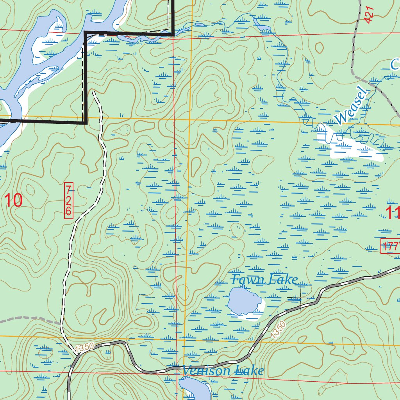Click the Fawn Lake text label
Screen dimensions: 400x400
(264, 280)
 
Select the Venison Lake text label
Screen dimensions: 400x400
(223, 371)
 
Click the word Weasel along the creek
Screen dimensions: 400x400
(351, 107)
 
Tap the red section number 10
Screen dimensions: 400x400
(13, 200)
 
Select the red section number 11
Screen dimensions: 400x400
(392, 213)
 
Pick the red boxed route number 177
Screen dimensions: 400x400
(390, 246)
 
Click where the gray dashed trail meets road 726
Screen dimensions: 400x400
(61, 324)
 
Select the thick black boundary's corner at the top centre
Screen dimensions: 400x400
(173, 34)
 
